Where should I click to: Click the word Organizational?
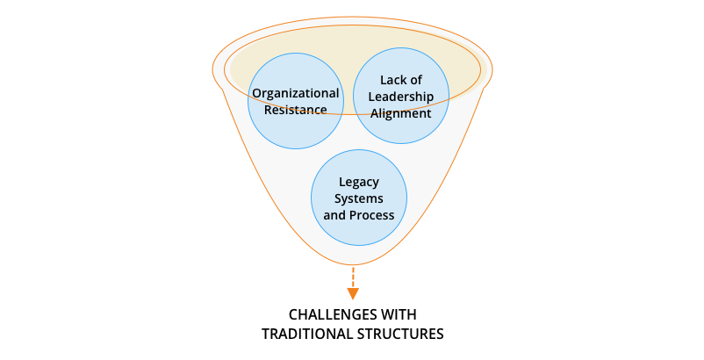(x=296, y=93)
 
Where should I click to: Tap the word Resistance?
(x=296, y=110)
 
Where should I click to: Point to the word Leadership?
(x=401, y=97)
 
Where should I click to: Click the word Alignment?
(x=401, y=113)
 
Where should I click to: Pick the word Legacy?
(x=359, y=183)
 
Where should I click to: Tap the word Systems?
(x=359, y=198)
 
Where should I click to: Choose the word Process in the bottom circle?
(x=372, y=215)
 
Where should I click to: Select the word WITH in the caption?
(x=399, y=314)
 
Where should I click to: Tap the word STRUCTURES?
(x=400, y=335)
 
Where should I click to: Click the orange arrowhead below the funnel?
(x=353, y=293)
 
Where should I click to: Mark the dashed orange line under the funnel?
(x=353, y=277)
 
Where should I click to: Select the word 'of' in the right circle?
(x=415, y=80)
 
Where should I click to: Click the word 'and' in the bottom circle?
(x=334, y=215)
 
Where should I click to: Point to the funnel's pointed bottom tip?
(x=353, y=265)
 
